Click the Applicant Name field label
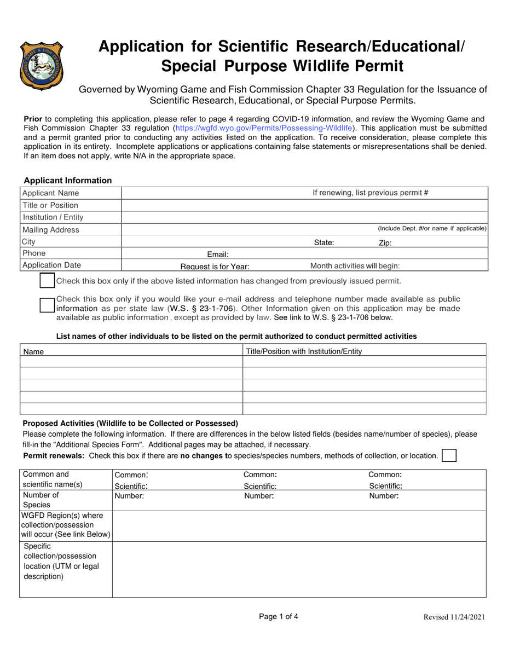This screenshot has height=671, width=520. click(x=50, y=193)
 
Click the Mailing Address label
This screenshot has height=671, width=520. click(x=50, y=230)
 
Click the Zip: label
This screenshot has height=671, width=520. click(x=385, y=243)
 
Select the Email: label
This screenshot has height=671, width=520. click(x=217, y=254)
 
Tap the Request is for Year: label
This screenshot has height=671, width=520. click(x=215, y=267)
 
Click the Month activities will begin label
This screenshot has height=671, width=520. click(x=355, y=266)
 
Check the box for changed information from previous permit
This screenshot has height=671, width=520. click(x=48, y=281)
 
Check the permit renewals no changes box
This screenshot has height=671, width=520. click(x=449, y=455)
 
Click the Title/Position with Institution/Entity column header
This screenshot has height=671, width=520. click(x=304, y=351)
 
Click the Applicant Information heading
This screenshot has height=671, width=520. click(x=68, y=181)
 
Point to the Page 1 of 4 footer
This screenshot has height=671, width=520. click(x=279, y=616)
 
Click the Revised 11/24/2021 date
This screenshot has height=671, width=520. click(x=454, y=617)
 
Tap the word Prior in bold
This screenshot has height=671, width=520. click(x=33, y=118)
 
